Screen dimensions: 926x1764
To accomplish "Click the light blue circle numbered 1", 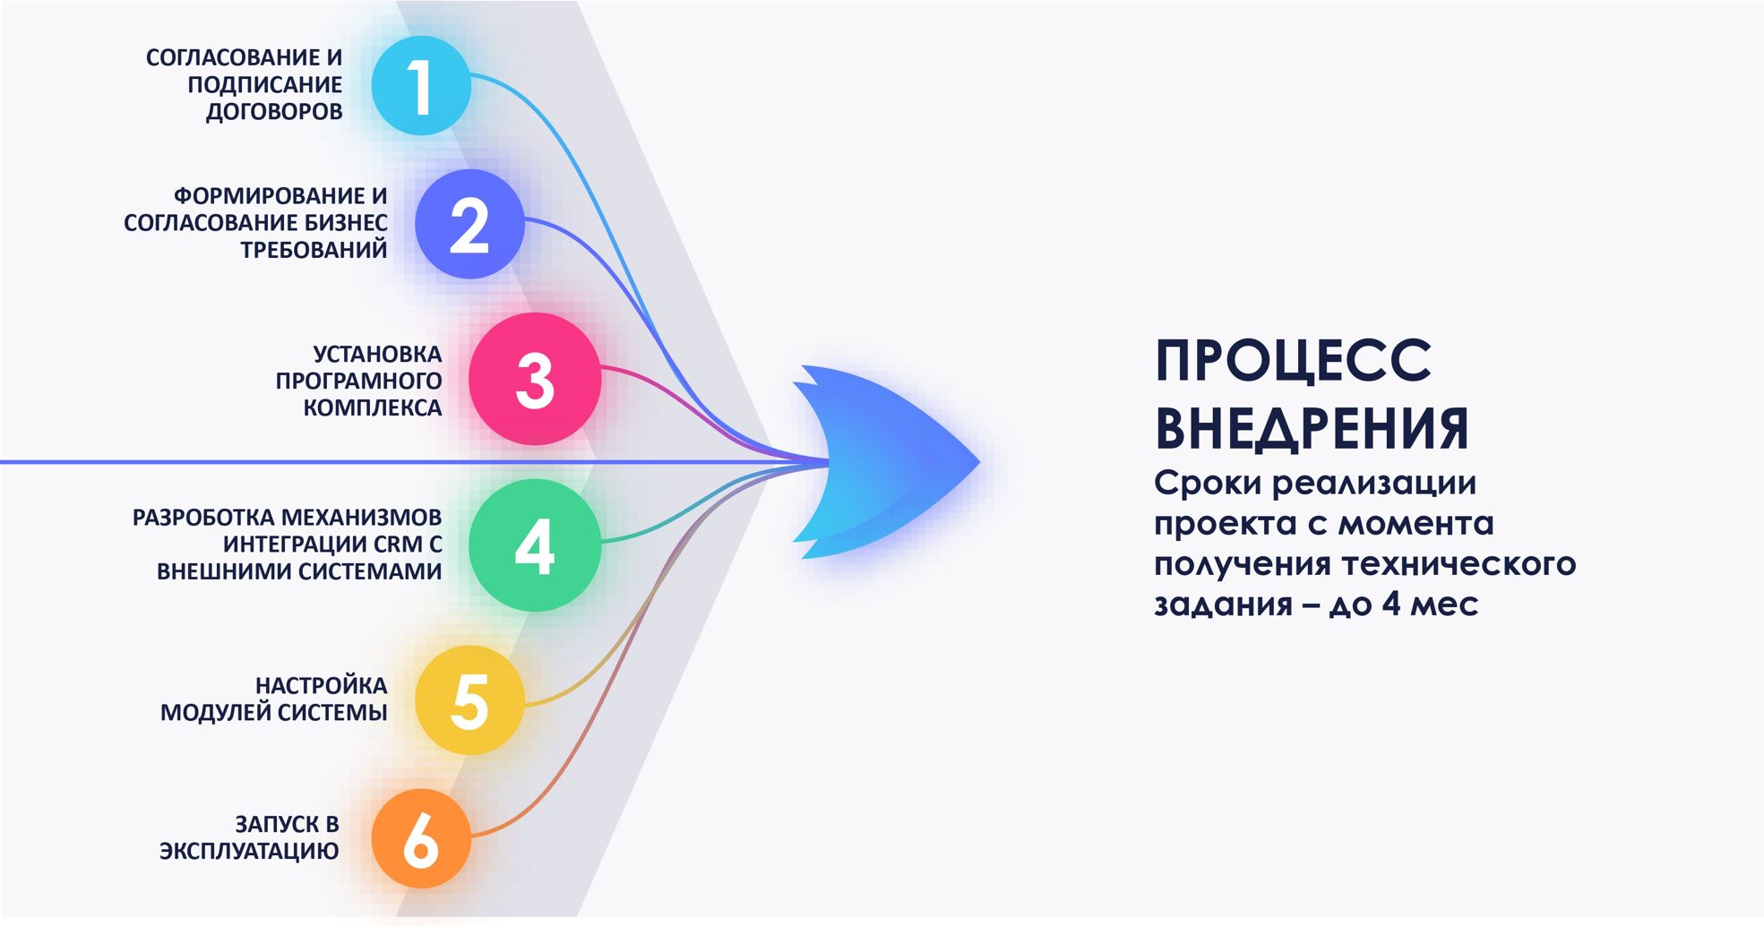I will click(421, 86).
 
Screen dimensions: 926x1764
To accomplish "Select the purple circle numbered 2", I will click(469, 224).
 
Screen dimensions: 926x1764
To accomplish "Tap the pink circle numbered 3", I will click(535, 379).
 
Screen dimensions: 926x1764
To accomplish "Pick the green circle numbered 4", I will click(535, 545).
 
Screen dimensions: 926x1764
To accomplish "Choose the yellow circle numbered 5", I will click(469, 699).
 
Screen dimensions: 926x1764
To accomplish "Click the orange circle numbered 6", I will click(421, 839).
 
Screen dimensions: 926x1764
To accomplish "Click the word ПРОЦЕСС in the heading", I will click(1293, 360).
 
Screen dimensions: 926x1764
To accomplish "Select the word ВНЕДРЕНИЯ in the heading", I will click(1312, 428).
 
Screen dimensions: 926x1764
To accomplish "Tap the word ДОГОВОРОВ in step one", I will click(274, 112).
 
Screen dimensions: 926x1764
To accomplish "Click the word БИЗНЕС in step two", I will click(345, 223).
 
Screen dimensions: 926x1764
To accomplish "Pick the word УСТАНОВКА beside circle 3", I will click(377, 354).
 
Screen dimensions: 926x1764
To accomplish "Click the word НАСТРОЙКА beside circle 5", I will click(321, 686).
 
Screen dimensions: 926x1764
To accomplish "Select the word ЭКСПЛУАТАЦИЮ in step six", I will click(249, 851).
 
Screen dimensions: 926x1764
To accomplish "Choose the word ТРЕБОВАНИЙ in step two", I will click(314, 250).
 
